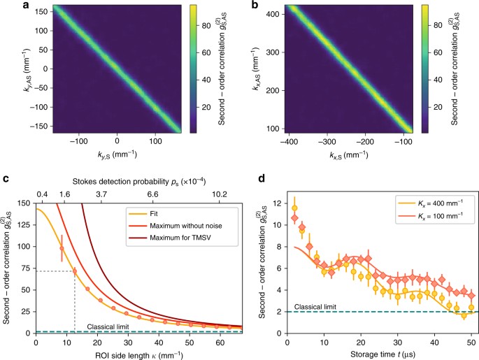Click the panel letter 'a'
[6, 6]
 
